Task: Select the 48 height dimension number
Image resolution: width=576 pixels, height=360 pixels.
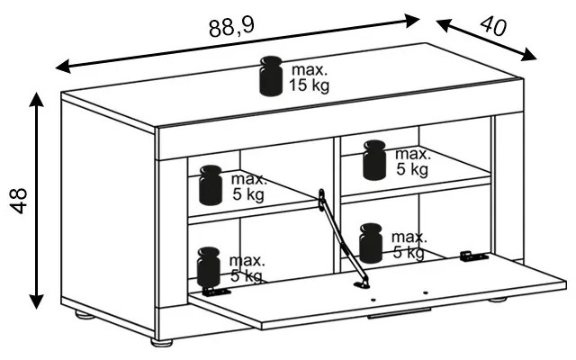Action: tap(19, 200)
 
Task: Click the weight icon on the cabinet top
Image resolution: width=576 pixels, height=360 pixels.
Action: tap(270, 76)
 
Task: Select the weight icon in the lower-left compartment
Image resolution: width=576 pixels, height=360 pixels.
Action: tap(209, 265)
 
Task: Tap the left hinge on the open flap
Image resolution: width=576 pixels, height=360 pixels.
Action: tap(214, 291)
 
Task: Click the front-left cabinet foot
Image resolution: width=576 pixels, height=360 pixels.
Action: tap(162, 343)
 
